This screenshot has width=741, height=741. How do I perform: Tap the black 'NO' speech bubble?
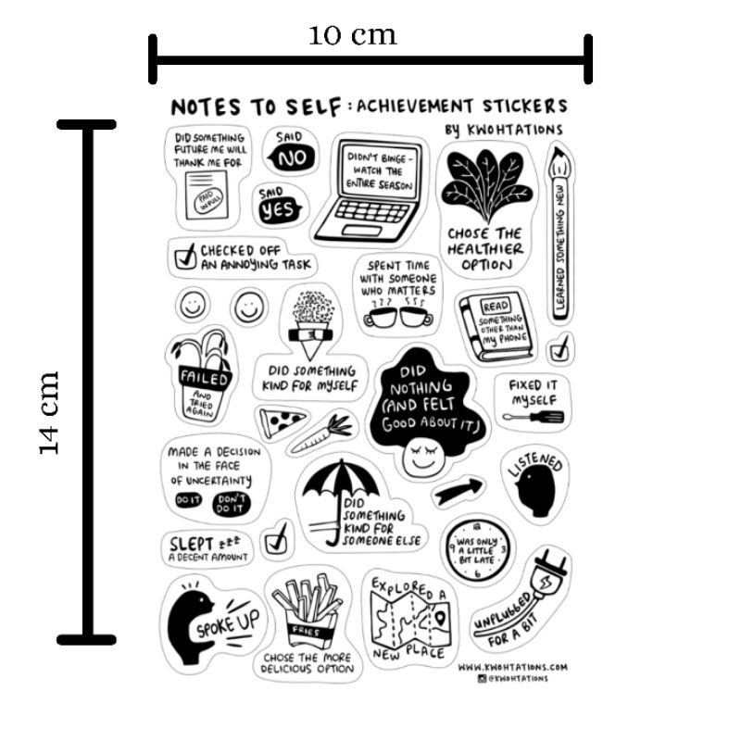(x=291, y=158)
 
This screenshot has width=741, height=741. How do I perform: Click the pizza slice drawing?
(x=282, y=422)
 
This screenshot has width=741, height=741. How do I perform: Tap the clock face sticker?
(x=475, y=546)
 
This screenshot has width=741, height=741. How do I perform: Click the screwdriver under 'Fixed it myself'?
(x=537, y=418)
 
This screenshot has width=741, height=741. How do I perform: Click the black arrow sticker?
(x=460, y=489)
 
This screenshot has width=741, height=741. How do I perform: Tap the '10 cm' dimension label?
(x=352, y=35)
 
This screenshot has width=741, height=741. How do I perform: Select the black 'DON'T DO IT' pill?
(x=230, y=503)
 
